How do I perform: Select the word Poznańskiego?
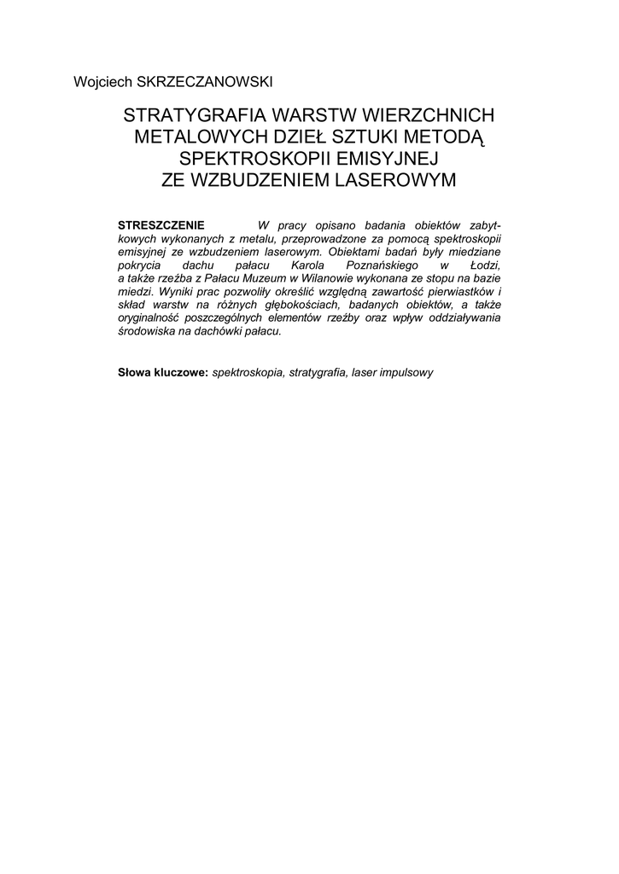tap(385, 266)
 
